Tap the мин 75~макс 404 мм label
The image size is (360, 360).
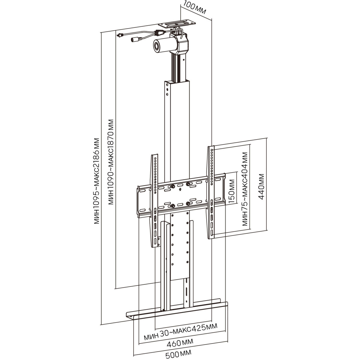pos(245,189)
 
